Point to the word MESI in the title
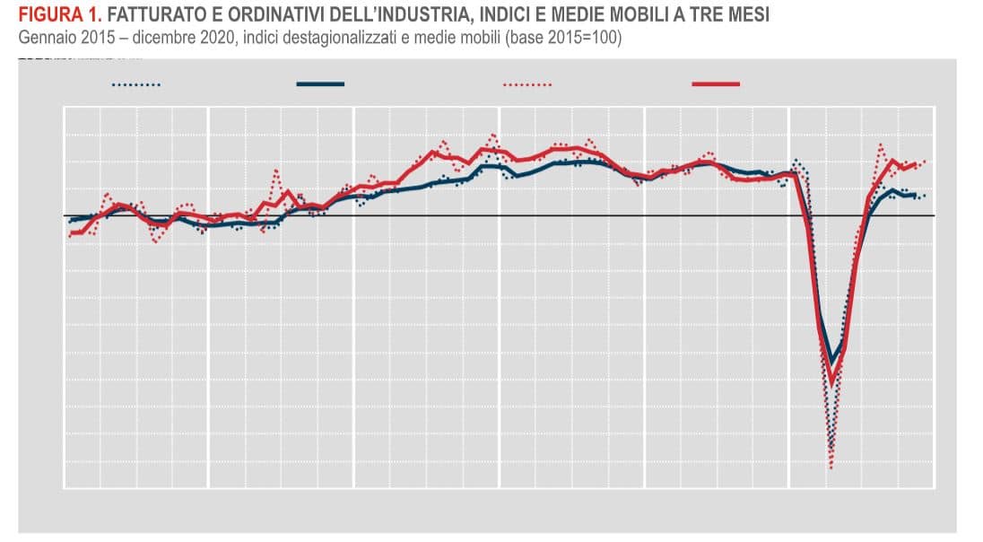(x=749, y=15)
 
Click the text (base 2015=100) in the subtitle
(x=563, y=37)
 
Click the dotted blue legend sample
(x=136, y=85)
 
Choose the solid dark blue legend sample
(x=320, y=84)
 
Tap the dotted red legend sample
(x=527, y=85)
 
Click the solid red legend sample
(x=716, y=84)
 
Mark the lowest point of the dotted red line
(x=832, y=468)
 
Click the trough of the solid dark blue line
(x=831, y=363)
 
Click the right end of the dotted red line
(x=925, y=161)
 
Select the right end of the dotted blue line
(x=925, y=195)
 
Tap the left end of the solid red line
(x=70, y=233)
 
